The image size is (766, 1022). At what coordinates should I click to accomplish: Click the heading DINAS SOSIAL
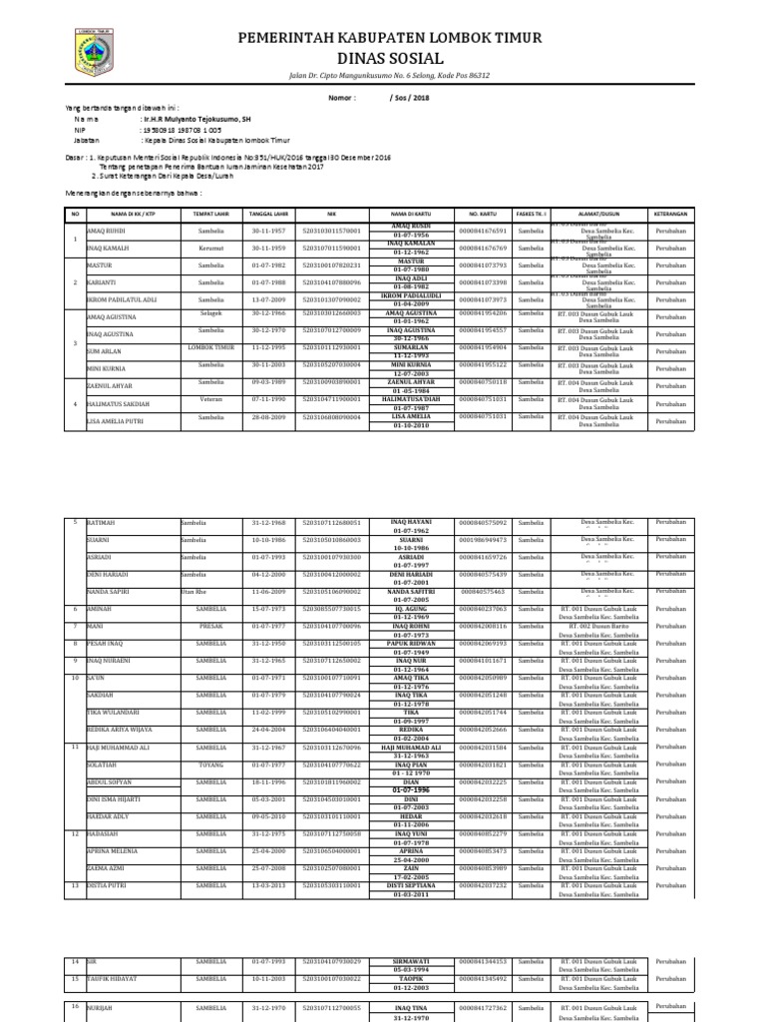(x=389, y=59)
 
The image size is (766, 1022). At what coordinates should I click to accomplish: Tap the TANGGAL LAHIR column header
(x=268, y=213)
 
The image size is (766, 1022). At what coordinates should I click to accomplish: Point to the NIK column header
(x=333, y=213)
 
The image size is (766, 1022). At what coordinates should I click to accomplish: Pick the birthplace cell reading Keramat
(x=210, y=248)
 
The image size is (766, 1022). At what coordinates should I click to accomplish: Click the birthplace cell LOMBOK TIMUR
(x=210, y=347)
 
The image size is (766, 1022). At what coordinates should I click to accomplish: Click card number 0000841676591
(x=483, y=231)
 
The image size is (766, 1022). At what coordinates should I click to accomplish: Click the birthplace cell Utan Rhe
(x=193, y=592)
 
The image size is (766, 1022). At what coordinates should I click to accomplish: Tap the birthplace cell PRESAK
(x=210, y=626)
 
